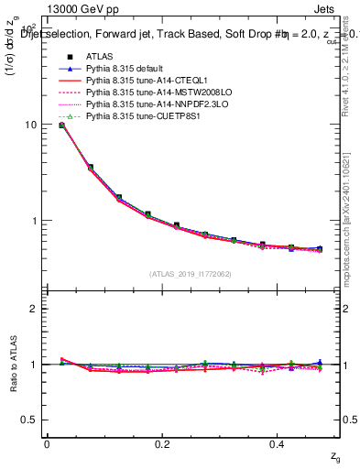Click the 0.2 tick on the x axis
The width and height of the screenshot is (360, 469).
[x=163, y=444]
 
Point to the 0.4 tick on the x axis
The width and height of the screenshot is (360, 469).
[x=279, y=444]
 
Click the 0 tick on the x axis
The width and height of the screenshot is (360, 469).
[x=47, y=444]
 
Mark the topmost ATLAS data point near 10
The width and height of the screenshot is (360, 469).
[x=61, y=125]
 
